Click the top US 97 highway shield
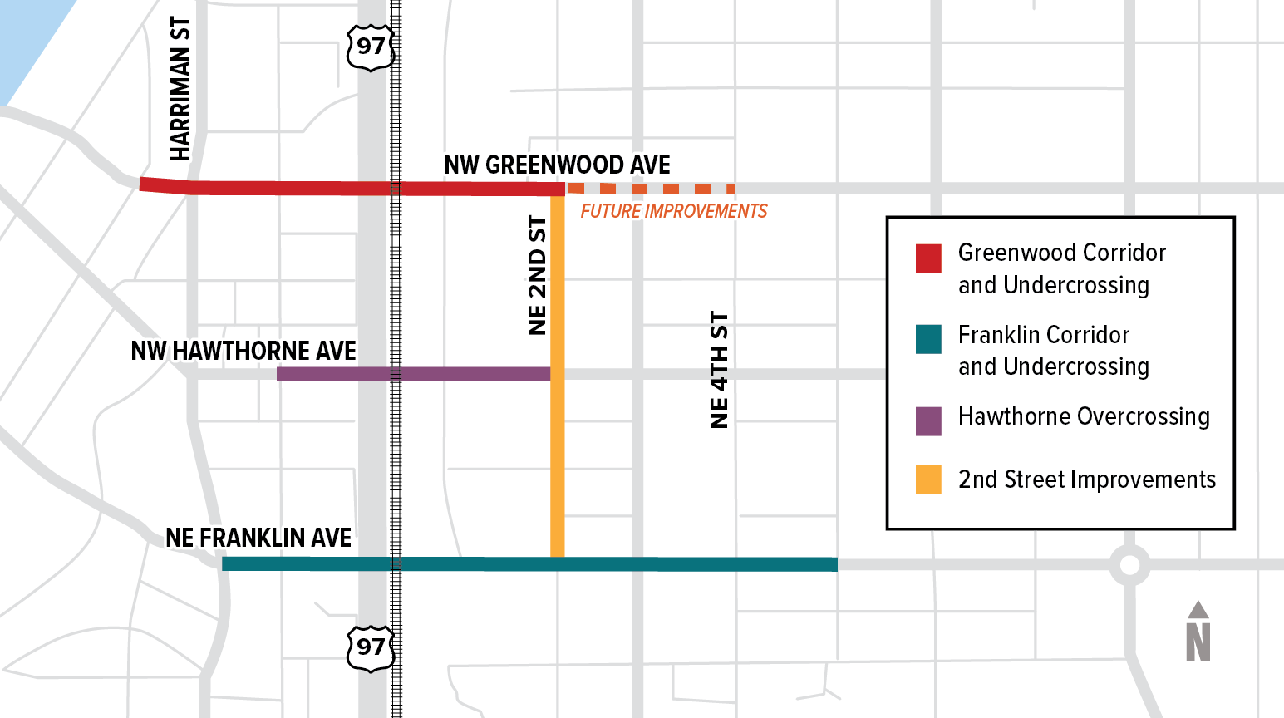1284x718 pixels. (370, 47)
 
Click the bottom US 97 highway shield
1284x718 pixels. (370, 647)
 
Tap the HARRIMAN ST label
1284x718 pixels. (180, 89)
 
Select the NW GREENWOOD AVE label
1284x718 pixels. (557, 165)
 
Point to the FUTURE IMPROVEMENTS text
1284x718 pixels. (673, 211)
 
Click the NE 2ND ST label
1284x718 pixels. (538, 275)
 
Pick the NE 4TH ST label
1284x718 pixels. (720, 370)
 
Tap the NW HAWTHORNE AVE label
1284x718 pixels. (244, 351)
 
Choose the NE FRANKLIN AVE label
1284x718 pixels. (258, 538)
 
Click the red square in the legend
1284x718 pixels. (928, 258)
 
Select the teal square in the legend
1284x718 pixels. (928, 339)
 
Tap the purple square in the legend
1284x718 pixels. (928, 421)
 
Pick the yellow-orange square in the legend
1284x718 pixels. (928, 479)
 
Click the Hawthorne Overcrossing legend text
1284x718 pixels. (1084, 416)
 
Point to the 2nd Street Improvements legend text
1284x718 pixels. (1086, 479)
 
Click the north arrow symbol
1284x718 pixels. (1198, 632)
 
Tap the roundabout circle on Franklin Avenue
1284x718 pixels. (1129, 565)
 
